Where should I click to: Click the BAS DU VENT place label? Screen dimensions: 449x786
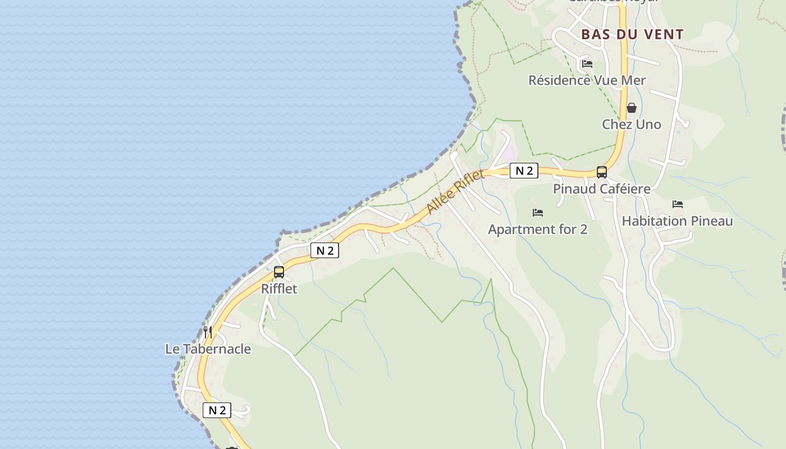[x=632, y=34]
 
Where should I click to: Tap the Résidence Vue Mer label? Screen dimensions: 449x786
[x=587, y=80]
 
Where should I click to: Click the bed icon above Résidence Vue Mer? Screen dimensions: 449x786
[x=587, y=63]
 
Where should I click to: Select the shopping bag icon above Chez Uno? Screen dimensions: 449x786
[x=632, y=108]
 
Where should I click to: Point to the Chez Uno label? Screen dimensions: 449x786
[x=632, y=124]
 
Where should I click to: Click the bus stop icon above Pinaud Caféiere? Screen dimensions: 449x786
[x=602, y=172]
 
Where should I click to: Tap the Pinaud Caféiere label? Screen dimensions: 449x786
[x=602, y=189]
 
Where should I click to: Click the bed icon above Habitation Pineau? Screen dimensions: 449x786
[x=678, y=204]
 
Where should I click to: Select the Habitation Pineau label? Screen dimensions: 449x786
[x=677, y=221]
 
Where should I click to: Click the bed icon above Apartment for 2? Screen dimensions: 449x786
[x=538, y=213]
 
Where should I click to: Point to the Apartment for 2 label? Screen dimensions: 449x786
[x=538, y=229]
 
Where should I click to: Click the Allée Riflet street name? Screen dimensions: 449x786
[x=455, y=193]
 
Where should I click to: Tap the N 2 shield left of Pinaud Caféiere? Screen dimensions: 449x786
[x=524, y=171]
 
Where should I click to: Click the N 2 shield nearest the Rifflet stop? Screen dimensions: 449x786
[x=325, y=250]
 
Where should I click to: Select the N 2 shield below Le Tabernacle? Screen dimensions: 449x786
[x=217, y=410]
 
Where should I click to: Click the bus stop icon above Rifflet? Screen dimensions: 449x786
[x=279, y=272]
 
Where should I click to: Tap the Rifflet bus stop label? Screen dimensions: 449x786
[x=279, y=288]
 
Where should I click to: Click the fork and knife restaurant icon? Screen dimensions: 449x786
[x=208, y=332]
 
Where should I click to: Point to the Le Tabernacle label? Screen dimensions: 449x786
[x=208, y=349]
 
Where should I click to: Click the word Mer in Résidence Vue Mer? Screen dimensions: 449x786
[x=633, y=80]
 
